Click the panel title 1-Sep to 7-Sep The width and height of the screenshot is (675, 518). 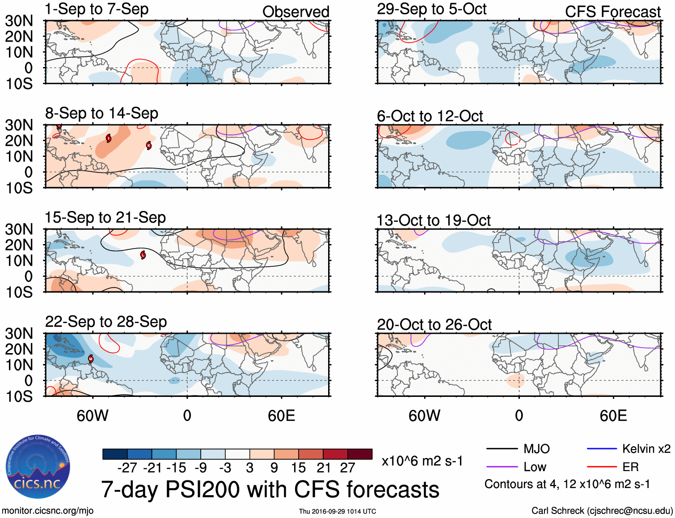pyautogui.click(x=97, y=9)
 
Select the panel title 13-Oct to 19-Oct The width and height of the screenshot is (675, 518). pyautogui.click(x=434, y=220)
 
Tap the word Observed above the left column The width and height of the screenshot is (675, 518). pyautogui.click(x=295, y=12)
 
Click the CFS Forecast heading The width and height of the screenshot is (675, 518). pyautogui.click(x=612, y=12)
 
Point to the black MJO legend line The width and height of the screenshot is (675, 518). pyautogui.click(x=502, y=449)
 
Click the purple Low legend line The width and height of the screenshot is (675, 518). pyautogui.click(x=502, y=467)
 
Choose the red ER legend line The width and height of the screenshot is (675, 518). pyautogui.click(x=602, y=467)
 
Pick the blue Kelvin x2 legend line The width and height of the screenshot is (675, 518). pyautogui.click(x=602, y=449)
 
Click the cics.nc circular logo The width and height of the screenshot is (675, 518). pyautogui.click(x=38, y=467)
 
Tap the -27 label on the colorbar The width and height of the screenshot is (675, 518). pyautogui.click(x=127, y=468)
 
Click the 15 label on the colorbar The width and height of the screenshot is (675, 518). pyautogui.click(x=298, y=468)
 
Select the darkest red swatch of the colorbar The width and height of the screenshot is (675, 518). pyautogui.click(x=360, y=454)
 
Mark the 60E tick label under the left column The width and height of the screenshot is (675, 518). pyautogui.click(x=281, y=416)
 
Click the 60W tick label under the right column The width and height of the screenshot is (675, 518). pyautogui.click(x=424, y=416)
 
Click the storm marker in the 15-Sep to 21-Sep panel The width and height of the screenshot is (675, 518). pyautogui.click(x=143, y=255)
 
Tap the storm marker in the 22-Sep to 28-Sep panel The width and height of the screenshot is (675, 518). pyautogui.click(x=91, y=359)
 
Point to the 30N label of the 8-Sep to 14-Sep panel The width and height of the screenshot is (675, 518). pyautogui.click(x=19, y=125)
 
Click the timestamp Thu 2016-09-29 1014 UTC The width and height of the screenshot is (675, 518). pyautogui.click(x=337, y=511)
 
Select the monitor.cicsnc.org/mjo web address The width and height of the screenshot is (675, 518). pyautogui.click(x=48, y=510)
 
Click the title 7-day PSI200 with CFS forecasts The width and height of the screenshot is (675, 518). pyautogui.click(x=270, y=489)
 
